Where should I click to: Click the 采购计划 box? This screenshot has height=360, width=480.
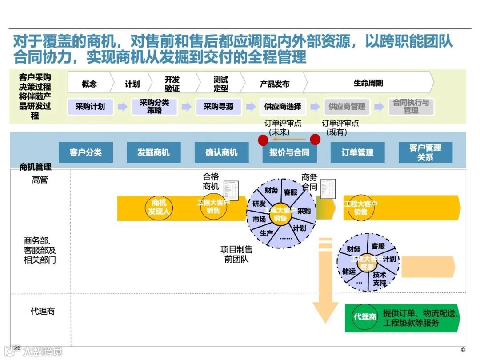(x=90, y=107)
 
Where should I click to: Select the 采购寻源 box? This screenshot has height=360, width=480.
(x=218, y=107)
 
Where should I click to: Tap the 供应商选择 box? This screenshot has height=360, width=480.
(x=283, y=107)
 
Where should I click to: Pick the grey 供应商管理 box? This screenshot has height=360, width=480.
(x=347, y=107)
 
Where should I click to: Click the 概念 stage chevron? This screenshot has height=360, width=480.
(x=89, y=84)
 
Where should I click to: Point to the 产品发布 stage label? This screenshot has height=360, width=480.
(x=275, y=84)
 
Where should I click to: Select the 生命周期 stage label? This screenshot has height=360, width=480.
(x=368, y=83)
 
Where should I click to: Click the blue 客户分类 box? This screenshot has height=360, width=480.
(x=86, y=152)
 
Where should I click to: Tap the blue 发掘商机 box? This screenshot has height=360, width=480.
(x=154, y=152)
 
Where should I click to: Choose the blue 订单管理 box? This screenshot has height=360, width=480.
(x=357, y=152)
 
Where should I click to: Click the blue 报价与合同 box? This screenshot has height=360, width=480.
(x=289, y=152)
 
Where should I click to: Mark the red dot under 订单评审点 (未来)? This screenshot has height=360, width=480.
(x=263, y=140)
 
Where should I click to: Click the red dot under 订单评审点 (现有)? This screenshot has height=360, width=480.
(x=315, y=140)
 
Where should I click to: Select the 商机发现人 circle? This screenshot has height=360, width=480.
(x=159, y=207)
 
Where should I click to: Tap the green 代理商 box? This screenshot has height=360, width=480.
(x=365, y=317)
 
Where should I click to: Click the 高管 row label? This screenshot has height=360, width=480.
(x=40, y=180)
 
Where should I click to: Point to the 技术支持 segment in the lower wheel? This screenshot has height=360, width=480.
(x=380, y=279)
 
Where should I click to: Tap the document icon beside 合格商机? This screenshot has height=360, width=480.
(x=232, y=191)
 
